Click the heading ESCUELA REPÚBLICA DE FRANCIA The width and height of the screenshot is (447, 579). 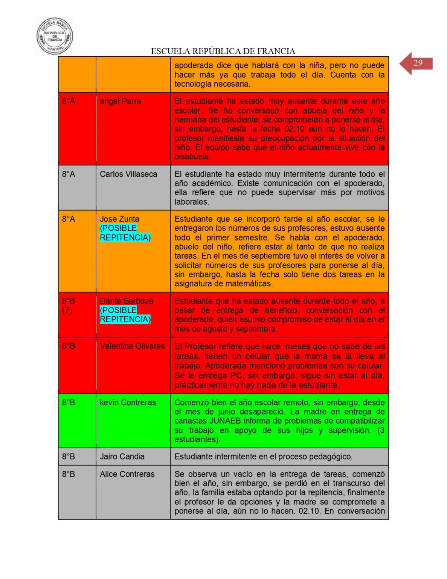pyautogui.click(x=223, y=51)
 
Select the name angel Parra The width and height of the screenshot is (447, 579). pyautogui.click(x=121, y=101)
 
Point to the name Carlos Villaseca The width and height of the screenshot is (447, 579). pyautogui.click(x=128, y=174)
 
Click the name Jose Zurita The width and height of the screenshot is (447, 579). pyautogui.click(x=119, y=219)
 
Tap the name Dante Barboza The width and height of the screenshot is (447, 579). pyautogui.click(x=127, y=301)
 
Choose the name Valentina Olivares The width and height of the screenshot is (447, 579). pyautogui.click(x=132, y=346)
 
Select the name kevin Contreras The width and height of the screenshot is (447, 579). pyautogui.click(x=128, y=403)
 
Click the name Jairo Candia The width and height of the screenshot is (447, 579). pyautogui.click(x=122, y=456)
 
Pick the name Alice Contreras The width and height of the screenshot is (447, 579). pyautogui.click(x=127, y=474)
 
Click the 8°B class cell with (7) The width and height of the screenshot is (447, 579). pyautogui.click(x=68, y=306)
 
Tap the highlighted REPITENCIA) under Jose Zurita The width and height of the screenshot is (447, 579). pyautogui.click(x=125, y=237)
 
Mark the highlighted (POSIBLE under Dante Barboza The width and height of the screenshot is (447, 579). pyautogui.click(x=118, y=310)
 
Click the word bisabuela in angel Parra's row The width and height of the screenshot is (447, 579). pyautogui.click(x=192, y=157)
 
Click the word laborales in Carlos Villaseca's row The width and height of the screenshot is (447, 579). pyautogui.click(x=191, y=202)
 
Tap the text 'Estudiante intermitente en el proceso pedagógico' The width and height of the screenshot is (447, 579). pyautogui.click(x=263, y=457)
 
